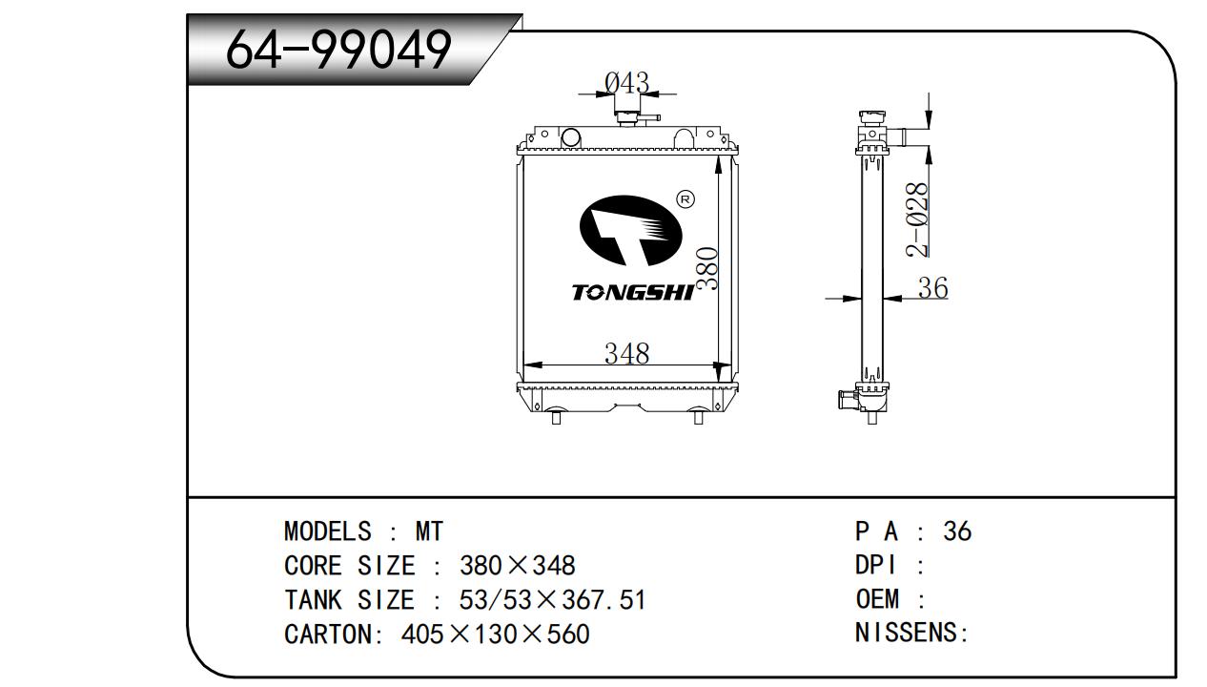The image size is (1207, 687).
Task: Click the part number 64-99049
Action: [338, 50]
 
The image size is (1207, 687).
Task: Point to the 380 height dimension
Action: [706, 269]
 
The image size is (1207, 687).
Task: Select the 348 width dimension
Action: [626, 353]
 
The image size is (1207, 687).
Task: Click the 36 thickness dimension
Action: [932, 287]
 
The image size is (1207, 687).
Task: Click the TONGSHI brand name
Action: [632, 292]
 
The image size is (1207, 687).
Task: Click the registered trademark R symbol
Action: [685, 198]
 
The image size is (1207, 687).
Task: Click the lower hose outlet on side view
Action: [846, 399]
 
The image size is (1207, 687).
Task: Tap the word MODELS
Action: [328, 531]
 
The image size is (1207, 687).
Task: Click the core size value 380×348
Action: [518, 566]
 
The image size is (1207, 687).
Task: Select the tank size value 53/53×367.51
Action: [553, 600]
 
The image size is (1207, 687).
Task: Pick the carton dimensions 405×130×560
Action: [496, 634]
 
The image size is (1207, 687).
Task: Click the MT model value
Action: [429, 531]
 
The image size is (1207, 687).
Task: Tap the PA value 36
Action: [956, 531]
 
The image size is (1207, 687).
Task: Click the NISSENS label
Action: [910, 634]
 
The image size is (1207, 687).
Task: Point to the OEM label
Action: [877, 599]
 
